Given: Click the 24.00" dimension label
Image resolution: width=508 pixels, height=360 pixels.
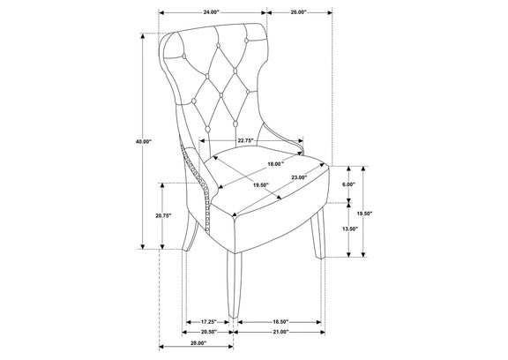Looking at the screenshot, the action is click(x=212, y=12).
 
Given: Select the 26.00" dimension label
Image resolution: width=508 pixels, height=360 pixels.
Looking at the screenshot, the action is click(x=298, y=12).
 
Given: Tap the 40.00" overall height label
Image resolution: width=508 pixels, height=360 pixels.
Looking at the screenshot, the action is click(x=144, y=141).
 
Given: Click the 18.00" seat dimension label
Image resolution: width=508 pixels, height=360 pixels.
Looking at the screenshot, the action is click(x=275, y=164).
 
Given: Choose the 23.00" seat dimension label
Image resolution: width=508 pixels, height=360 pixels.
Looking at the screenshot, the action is click(x=299, y=177).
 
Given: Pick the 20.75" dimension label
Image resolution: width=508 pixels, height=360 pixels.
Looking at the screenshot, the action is click(x=163, y=216).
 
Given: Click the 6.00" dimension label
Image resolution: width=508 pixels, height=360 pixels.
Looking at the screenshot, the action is click(x=348, y=184).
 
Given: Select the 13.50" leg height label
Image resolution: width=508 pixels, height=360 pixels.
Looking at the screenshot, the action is click(x=349, y=229).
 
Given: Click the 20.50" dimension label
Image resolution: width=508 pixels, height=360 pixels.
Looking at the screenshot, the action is click(x=208, y=332).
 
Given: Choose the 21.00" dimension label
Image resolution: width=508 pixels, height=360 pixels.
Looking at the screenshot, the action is click(x=280, y=332).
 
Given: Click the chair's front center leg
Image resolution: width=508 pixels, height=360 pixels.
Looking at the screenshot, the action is click(x=233, y=285).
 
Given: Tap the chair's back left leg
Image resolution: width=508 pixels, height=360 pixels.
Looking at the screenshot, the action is click(x=191, y=232).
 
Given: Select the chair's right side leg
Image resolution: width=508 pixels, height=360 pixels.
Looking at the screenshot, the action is click(x=317, y=233).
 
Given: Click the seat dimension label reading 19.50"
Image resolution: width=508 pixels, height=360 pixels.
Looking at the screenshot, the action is click(x=261, y=185).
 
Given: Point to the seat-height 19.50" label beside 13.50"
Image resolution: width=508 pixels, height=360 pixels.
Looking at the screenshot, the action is click(x=364, y=214).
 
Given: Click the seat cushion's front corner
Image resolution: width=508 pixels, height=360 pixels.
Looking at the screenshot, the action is click(x=234, y=218).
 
